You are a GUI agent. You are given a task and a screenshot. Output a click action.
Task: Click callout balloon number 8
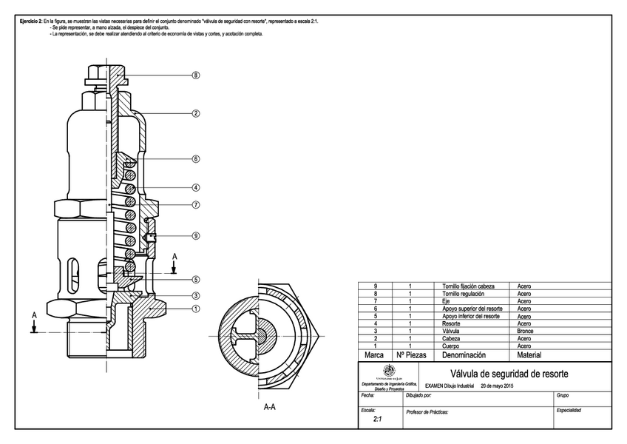[x=196, y=75]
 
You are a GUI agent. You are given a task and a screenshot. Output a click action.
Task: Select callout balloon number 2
[x=196, y=114]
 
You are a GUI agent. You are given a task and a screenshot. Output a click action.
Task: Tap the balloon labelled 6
[x=196, y=159]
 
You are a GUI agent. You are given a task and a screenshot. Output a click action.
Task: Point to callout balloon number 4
[x=196, y=188]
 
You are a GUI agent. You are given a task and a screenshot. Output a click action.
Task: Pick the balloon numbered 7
[x=196, y=205]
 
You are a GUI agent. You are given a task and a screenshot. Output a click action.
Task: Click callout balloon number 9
[x=196, y=236]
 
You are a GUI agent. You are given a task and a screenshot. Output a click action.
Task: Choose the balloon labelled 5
[x=196, y=279]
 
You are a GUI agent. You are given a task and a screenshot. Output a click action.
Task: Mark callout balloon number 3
[x=196, y=295]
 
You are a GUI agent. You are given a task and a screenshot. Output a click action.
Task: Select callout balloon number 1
[x=196, y=309]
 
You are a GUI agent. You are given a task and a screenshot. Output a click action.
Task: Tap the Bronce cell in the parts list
[x=524, y=331]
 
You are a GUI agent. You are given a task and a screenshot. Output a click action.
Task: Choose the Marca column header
[x=375, y=355]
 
